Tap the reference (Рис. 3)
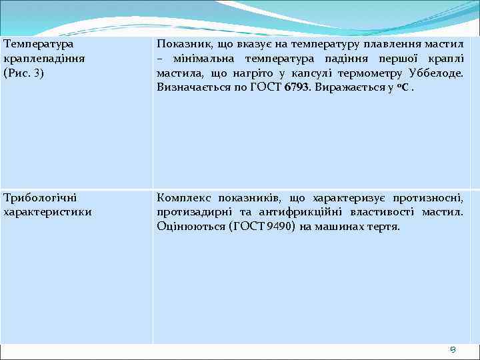[x=24, y=73]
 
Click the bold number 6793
[x=297, y=87]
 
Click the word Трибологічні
[x=40, y=197]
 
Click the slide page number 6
[x=453, y=351]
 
